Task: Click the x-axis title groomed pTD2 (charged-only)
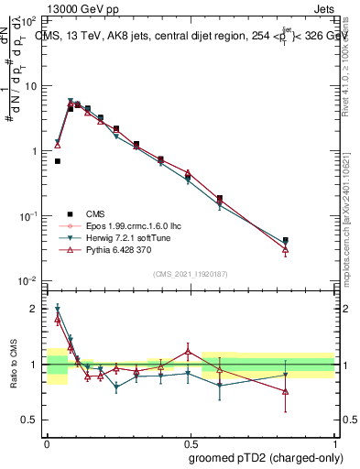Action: pos(267,457)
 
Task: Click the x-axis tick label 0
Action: pos(47,442)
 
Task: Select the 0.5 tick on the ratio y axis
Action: pos(32,420)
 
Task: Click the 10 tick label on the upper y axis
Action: pos(33,85)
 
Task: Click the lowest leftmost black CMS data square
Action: pos(57,161)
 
